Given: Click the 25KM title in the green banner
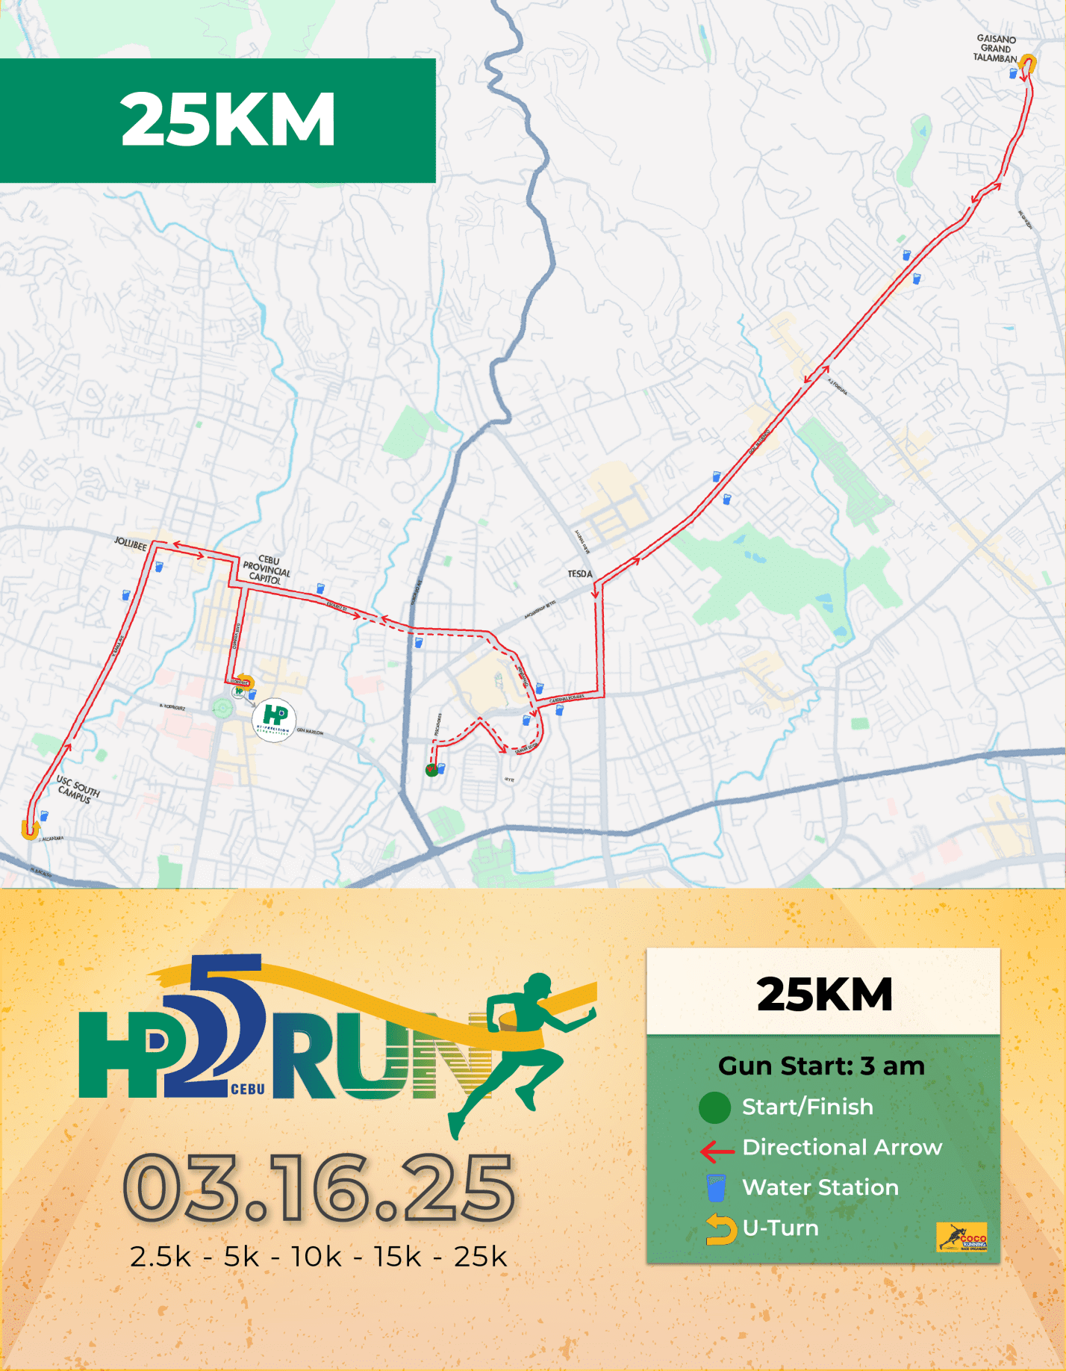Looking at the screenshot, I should (x=228, y=119).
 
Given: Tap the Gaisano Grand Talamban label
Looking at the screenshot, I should (x=996, y=49).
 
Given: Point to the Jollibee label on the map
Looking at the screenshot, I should (x=131, y=544).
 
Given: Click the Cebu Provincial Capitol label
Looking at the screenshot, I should (x=266, y=569).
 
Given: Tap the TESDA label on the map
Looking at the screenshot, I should (x=580, y=574).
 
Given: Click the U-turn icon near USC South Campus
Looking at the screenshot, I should (x=30, y=829).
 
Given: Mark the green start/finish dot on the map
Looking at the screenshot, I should (x=431, y=770).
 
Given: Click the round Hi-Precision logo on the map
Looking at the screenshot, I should (x=274, y=720).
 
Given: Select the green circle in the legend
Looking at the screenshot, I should (x=714, y=1107).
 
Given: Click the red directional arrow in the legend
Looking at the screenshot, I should (x=717, y=1151).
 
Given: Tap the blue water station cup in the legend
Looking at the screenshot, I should (x=716, y=1187).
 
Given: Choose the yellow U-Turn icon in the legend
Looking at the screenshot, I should (x=720, y=1229).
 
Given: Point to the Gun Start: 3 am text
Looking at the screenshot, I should (x=821, y=1066).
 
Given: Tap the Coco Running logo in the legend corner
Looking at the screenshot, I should (x=961, y=1237).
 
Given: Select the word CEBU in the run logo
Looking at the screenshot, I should (x=248, y=1089).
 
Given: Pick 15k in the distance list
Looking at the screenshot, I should (x=398, y=1257).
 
